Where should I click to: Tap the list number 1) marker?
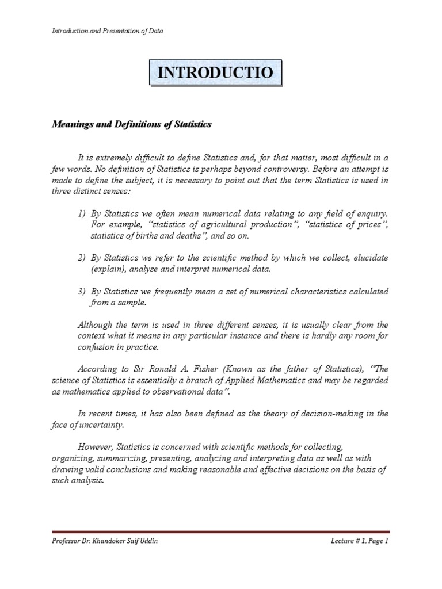82,214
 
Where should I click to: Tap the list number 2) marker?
82,258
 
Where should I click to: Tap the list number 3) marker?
82,290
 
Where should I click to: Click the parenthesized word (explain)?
108,269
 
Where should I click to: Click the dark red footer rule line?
220,533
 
